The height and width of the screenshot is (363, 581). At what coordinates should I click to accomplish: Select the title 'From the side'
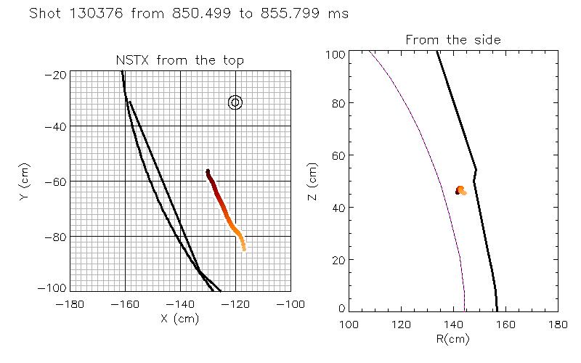pos(453,40)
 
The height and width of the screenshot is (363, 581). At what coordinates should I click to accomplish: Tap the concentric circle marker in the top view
pos(235,102)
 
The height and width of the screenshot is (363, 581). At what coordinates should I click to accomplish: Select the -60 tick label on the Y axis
pos(57,181)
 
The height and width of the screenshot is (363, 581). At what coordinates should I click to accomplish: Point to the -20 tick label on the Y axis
pos(57,74)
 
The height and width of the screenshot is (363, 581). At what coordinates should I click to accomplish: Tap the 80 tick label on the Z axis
pos(336,104)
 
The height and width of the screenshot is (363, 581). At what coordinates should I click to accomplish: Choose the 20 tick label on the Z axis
pos(336,260)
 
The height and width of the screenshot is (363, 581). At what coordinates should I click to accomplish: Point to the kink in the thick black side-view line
pos(476,171)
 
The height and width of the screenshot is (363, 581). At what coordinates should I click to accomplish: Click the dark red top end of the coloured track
pos(208,172)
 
